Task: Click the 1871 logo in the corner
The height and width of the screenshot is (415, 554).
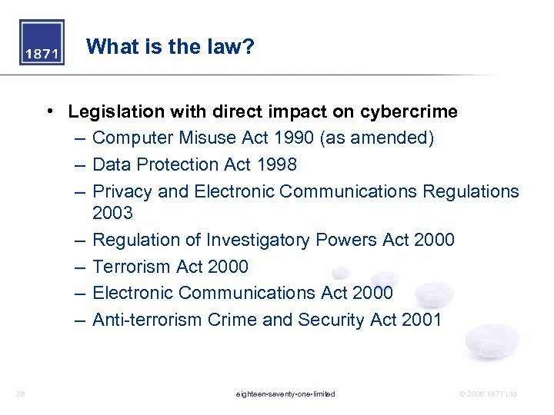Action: [42, 43]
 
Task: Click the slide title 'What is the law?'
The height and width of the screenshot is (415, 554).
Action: [170, 48]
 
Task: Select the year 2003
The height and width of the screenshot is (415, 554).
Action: [112, 212]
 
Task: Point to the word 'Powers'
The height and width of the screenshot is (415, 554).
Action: [349, 241]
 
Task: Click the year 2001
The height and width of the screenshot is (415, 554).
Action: [422, 320]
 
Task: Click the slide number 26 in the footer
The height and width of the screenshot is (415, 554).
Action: [20, 394]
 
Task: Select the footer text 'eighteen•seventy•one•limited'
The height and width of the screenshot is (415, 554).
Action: [285, 394]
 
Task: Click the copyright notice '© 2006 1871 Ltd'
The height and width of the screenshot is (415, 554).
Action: [488, 394]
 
